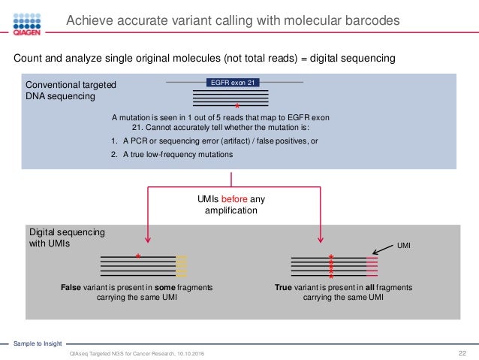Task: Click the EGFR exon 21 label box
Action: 233,83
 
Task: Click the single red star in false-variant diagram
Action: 138,257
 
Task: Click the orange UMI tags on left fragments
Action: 181,265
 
